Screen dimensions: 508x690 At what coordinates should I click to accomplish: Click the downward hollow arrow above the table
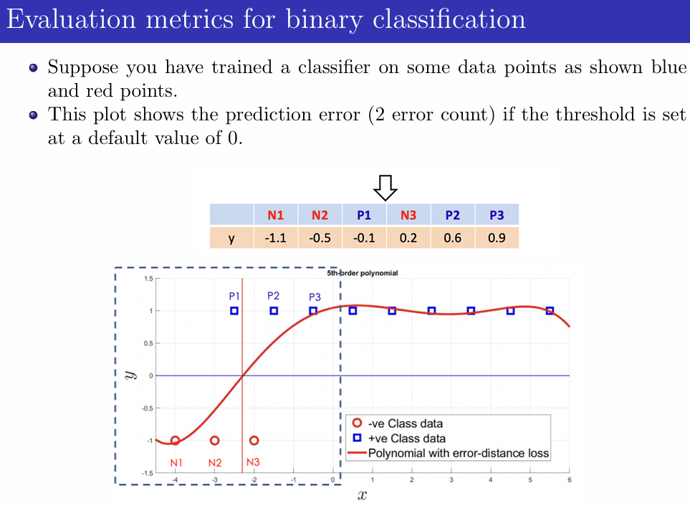[x=386, y=188]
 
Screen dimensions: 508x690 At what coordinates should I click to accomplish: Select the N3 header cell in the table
[x=408, y=215]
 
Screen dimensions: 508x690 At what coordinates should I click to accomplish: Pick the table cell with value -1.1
[x=276, y=238]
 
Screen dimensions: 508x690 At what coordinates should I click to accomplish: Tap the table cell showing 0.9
[x=497, y=238]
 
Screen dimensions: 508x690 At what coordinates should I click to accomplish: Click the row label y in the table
[x=231, y=238]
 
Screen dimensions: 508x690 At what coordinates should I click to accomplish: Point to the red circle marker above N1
[x=175, y=441]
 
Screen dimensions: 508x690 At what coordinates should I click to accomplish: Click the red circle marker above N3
[x=254, y=441]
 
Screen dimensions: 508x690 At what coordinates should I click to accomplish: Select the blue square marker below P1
[x=234, y=311]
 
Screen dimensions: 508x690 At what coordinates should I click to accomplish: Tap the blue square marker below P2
[x=274, y=311]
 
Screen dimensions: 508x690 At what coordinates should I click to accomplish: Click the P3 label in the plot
[x=315, y=297]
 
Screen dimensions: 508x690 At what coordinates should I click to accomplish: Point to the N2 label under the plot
[x=215, y=463]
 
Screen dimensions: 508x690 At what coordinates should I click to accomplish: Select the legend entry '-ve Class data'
[x=405, y=423]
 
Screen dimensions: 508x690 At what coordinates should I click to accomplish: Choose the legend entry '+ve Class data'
[x=406, y=438]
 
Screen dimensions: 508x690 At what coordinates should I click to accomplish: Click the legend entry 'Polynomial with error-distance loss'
[x=459, y=453]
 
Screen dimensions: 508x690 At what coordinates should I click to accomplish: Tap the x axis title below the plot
[x=362, y=495]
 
